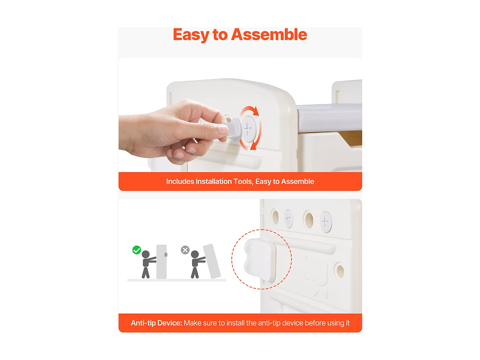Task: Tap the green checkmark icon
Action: click(137, 250)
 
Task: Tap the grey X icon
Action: click(185, 250)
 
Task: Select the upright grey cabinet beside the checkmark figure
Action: click(161, 262)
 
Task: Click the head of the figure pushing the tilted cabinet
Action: click(195, 254)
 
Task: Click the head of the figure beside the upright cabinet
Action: click(146, 254)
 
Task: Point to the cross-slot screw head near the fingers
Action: click(249, 129)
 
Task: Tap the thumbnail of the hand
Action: click(222, 129)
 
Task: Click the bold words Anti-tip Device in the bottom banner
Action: click(156, 323)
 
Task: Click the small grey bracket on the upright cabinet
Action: click(166, 254)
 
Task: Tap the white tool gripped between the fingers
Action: click(233, 130)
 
